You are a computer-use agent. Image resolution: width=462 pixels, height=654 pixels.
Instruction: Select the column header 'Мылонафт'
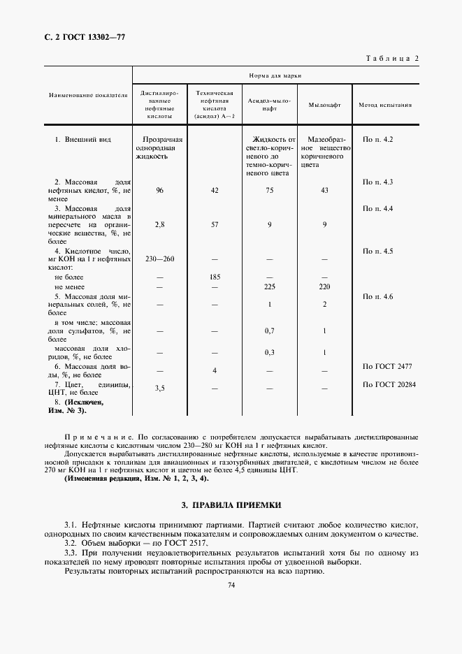[x=324, y=105]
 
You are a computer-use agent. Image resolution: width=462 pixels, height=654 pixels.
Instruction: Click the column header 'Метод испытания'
[x=384, y=105]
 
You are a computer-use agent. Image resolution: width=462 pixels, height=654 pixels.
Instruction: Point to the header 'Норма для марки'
[x=275, y=75]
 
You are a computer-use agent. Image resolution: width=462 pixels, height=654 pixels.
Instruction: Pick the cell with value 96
[x=160, y=190]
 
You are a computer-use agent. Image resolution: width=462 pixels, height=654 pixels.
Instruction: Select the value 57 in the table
[x=215, y=225]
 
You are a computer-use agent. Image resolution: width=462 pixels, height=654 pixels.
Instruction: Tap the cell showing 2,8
[x=160, y=225]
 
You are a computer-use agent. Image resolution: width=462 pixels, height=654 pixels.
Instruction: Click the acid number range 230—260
[x=160, y=259]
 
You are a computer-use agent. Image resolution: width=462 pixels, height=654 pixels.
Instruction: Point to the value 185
[x=215, y=277]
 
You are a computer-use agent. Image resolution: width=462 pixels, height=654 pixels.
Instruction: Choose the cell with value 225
[x=269, y=286]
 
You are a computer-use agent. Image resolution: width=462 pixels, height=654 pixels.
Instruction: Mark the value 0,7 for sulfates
[x=269, y=330]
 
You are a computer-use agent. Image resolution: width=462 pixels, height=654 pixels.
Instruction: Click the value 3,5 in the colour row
[x=160, y=387]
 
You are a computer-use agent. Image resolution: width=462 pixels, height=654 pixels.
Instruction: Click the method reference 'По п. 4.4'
[x=378, y=208]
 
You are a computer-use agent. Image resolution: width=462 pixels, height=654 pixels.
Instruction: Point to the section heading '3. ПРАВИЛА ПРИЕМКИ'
[x=231, y=504]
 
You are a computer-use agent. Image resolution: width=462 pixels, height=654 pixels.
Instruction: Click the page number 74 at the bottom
[x=231, y=586]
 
